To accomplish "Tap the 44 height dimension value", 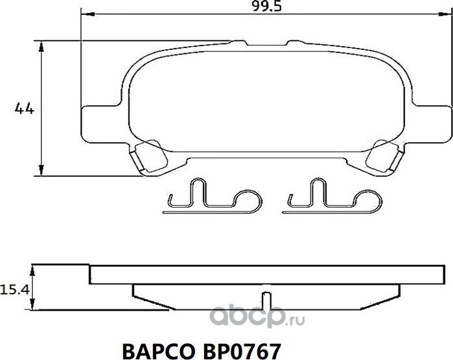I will point(24,109).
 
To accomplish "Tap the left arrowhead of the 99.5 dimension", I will point(85,15).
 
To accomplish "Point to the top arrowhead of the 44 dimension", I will point(42,45).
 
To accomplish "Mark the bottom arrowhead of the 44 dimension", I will point(42,172).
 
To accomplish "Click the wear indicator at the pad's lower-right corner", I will point(383,157).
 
